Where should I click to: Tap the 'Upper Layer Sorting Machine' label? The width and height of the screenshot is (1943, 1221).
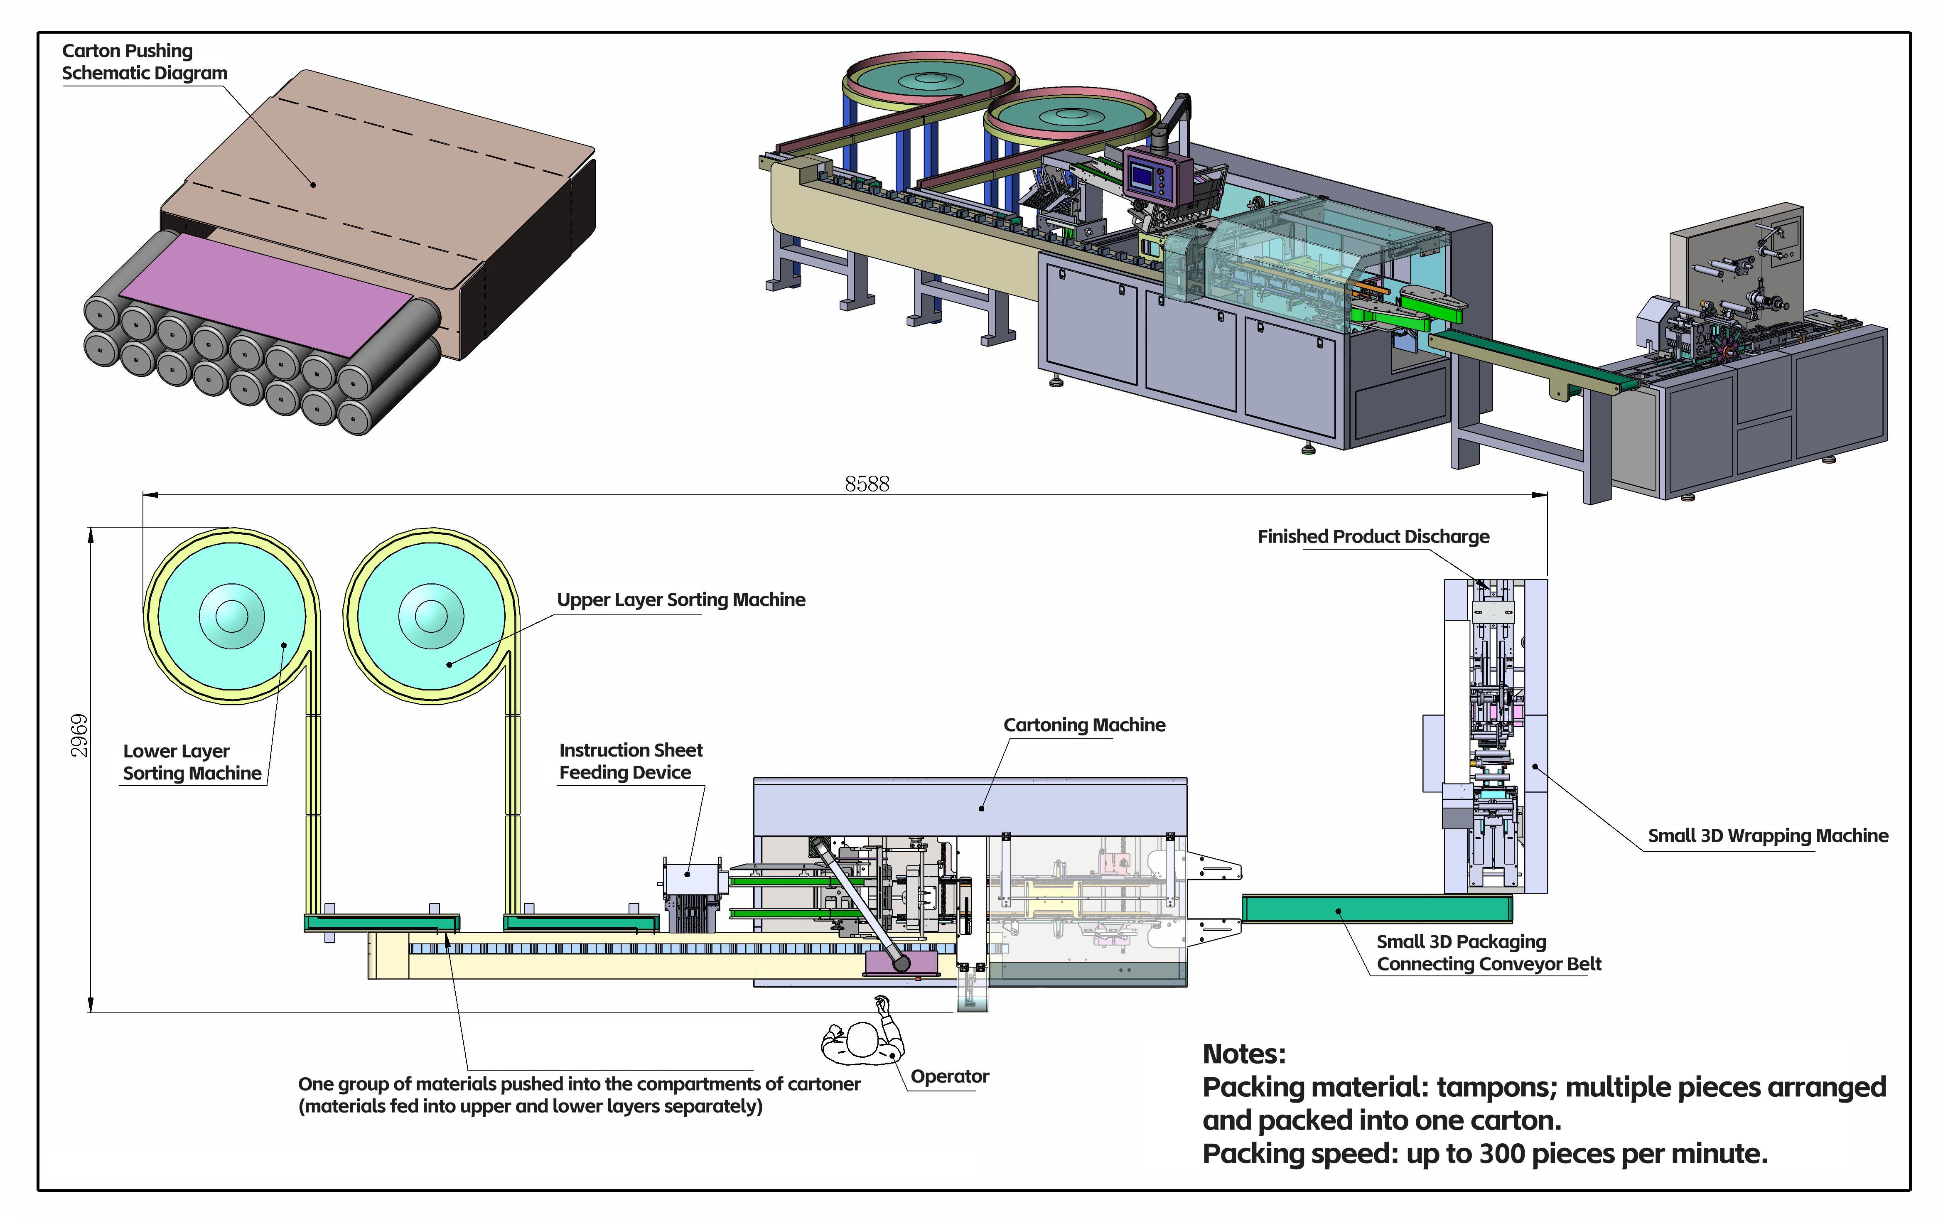[x=681, y=599]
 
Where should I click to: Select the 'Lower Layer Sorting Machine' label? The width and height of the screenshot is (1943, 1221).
[x=192, y=762]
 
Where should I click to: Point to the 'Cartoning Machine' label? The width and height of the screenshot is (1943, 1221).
[x=1084, y=725]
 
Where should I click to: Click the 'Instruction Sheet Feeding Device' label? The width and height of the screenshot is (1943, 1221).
[x=631, y=761]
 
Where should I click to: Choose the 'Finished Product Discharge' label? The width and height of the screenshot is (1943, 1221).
[x=1373, y=537]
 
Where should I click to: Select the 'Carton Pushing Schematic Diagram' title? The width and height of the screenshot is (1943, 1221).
[x=145, y=61]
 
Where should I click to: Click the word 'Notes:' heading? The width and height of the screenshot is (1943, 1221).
[x=1243, y=1054]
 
